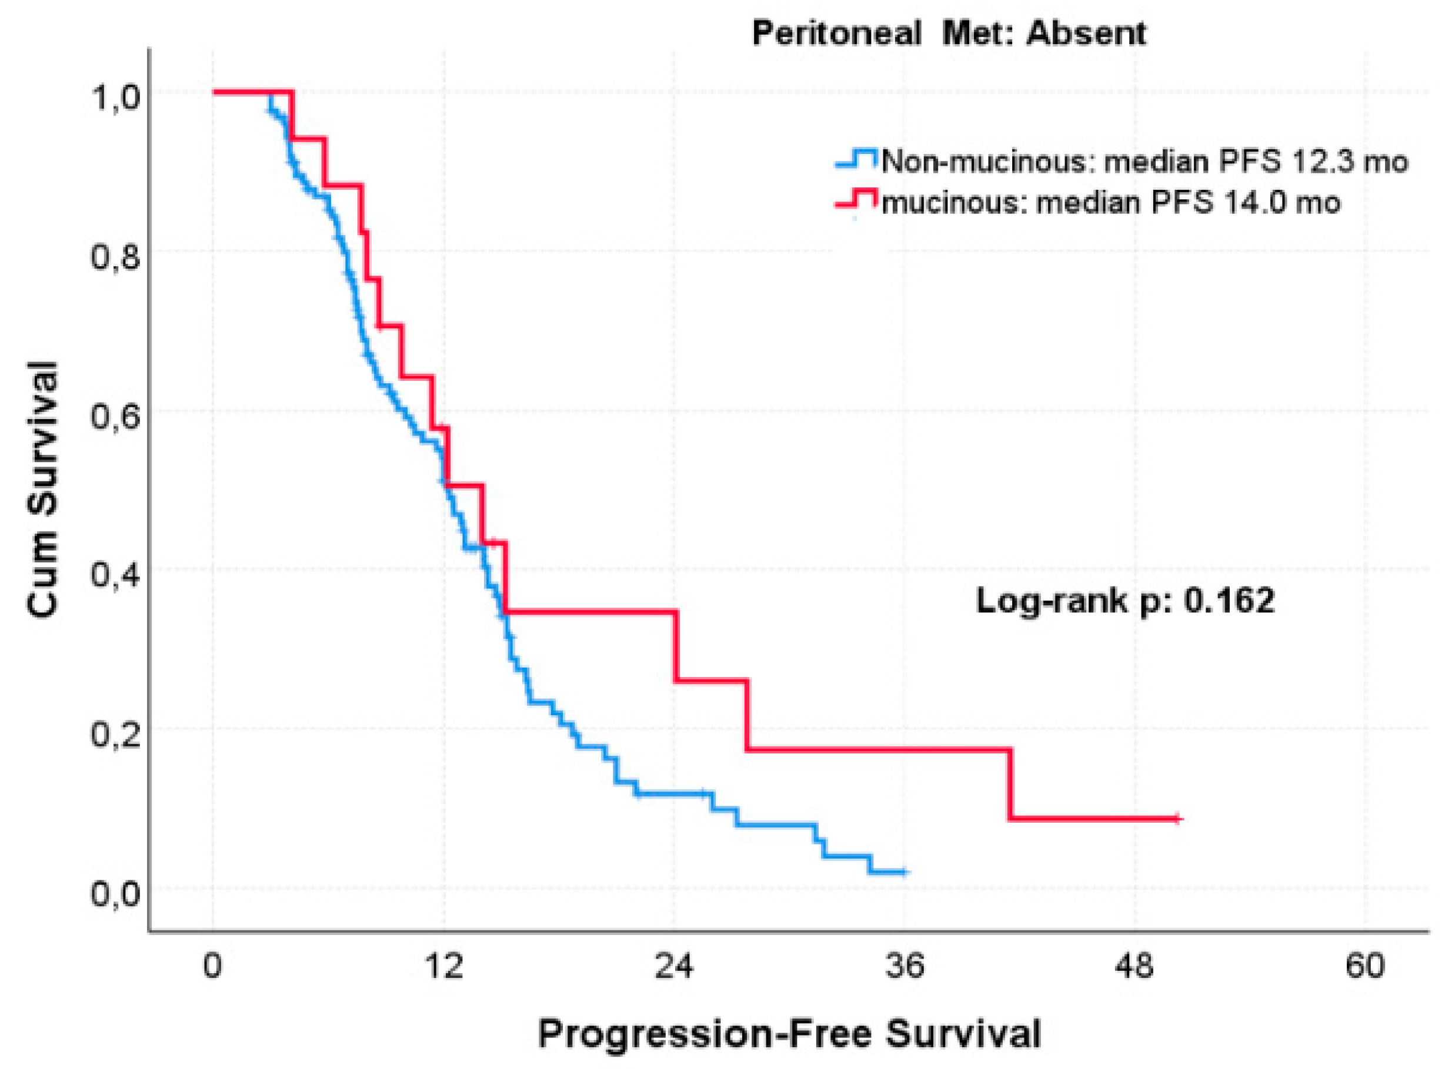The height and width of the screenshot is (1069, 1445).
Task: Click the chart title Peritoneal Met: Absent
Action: coord(949,33)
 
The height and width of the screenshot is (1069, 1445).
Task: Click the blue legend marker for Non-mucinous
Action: coord(856,159)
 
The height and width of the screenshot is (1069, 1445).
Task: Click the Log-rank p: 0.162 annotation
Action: coord(1125,601)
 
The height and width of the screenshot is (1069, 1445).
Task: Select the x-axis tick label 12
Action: coord(443,967)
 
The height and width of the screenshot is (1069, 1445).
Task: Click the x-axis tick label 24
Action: coord(674,967)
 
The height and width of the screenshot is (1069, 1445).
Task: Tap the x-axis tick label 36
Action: coord(905,967)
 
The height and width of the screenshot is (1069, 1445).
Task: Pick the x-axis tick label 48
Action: coord(1135,967)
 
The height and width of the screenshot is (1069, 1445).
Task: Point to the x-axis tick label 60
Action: coord(1364,967)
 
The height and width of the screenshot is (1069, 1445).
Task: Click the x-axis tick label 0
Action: coord(212,967)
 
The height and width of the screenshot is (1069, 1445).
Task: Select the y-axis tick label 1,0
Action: coord(114,99)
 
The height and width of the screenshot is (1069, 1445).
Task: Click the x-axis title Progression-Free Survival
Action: coord(789,1033)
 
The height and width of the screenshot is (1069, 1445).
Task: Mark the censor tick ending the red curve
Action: coord(1177,819)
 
